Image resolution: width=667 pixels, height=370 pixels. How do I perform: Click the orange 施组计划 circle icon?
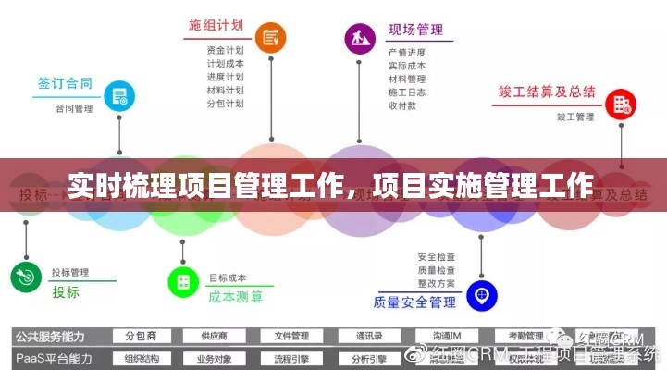[270, 38]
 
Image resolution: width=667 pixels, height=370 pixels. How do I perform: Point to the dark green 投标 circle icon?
[24, 276]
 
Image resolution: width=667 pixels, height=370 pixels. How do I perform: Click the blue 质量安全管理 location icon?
[481, 296]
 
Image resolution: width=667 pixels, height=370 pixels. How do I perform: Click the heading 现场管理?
[415, 30]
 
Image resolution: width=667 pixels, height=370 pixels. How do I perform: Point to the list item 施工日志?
[407, 92]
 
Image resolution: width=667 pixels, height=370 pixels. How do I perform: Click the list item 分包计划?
[225, 104]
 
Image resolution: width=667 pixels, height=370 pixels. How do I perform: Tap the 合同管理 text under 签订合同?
[74, 107]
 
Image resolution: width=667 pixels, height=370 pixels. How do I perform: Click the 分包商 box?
[141, 336]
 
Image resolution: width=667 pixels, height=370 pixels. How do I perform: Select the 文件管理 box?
[284, 336]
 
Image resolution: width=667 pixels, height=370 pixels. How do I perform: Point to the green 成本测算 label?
[235, 297]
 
